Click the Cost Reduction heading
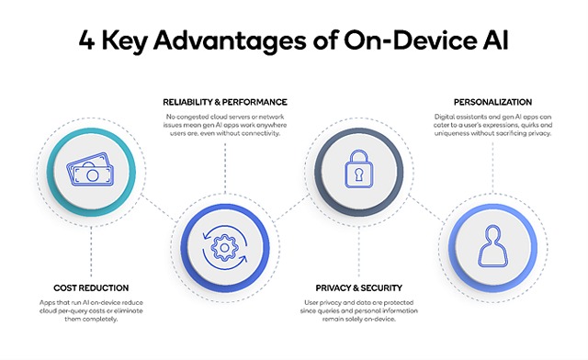[92, 287]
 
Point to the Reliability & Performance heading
[226, 101]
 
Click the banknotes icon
[92, 172]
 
